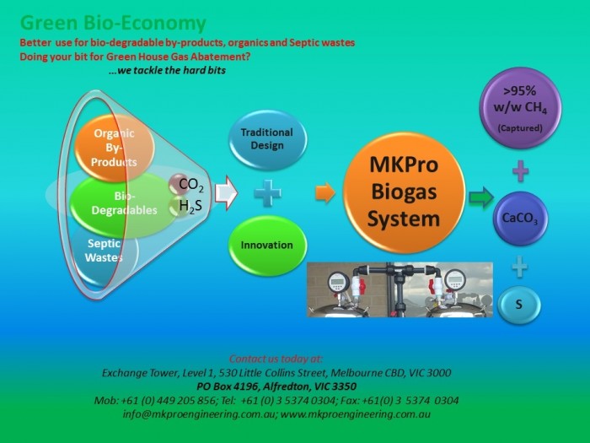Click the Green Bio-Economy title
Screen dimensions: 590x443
pyautogui.click(x=113, y=23)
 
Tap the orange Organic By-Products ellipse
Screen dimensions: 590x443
pyautogui.click(x=115, y=148)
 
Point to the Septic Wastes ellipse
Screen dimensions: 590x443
pyautogui.click(x=105, y=251)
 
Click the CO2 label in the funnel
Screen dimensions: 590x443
pyautogui.click(x=191, y=185)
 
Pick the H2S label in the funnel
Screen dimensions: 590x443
pyautogui.click(x=190, y=206)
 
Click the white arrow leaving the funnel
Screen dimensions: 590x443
pyautogui.click(x=226, y=193)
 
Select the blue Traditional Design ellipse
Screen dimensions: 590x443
pyautogui.click(x=267, y=139)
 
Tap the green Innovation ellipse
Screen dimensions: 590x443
pyautogui.click(x=267, y=246)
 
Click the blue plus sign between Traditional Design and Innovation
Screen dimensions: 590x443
pyautogui.click(x=267, y=193)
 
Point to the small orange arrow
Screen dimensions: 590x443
pyautogui.click(x=325, y=193)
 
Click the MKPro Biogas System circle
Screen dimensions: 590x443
pyautogui.click(x=404, y=192)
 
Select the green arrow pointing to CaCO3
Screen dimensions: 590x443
pyautogui.click(x=481, y=197)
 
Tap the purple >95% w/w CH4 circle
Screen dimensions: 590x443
pyautogui.click(x=520, y=108)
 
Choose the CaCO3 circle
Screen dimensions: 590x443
pyautogui.click(x=520, y=219)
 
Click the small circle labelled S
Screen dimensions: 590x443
pyautogui.click(x=519, y=305)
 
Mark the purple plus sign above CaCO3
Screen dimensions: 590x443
pyautogui.click(x=520, y=171)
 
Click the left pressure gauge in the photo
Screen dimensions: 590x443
pyautogui.click(x=339, y=281)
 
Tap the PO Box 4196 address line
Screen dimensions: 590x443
pyautogui.click(x=276, y=386)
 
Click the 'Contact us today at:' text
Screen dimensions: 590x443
pyautogui.click(x=276, y=359)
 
